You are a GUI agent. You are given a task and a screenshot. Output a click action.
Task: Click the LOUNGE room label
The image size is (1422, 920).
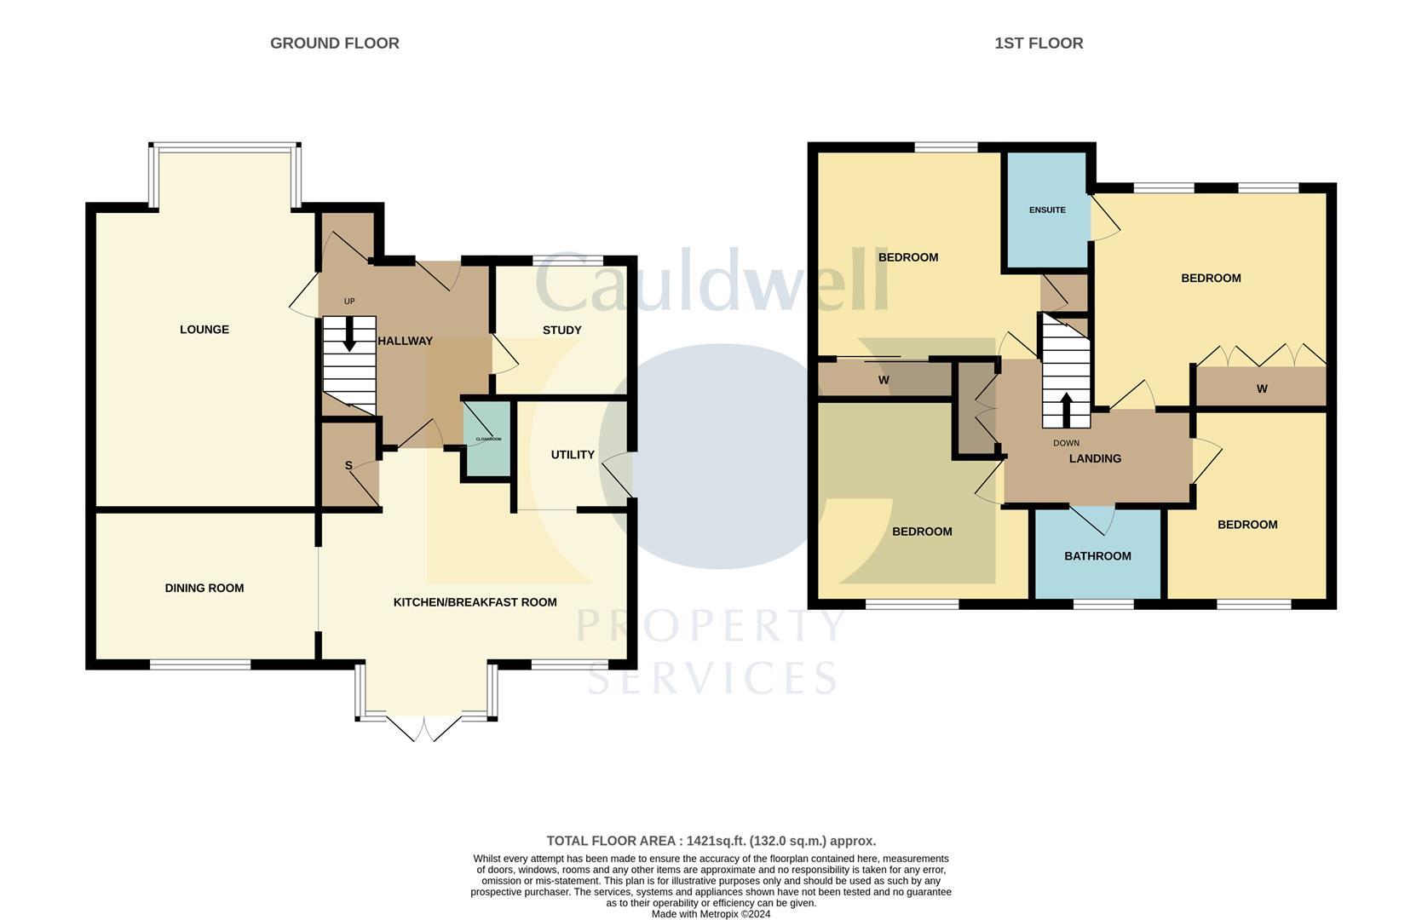pos(204,330)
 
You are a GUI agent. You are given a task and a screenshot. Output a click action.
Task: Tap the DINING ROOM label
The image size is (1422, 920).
pos(204,588)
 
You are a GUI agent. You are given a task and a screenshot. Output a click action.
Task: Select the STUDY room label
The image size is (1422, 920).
pos(561,330)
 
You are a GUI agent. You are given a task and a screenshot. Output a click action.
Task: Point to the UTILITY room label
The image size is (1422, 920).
pos(573,455)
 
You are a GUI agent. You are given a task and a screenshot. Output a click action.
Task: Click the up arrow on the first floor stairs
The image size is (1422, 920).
pos(1065,409)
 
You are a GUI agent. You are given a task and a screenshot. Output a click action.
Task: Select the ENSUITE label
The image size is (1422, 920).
pos(1047,210)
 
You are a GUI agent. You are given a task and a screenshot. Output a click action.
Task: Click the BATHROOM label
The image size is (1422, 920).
pos(1097,556)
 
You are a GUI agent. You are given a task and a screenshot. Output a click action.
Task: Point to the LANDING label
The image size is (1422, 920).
pos(1095,458)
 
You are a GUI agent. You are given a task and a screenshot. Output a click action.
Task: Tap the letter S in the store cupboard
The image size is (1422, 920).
pos(348,465)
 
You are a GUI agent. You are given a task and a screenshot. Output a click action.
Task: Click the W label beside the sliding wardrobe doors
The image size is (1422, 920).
pos(884,380)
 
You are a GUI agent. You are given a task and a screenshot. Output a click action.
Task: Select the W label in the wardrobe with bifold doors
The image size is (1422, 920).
pos(1262,388)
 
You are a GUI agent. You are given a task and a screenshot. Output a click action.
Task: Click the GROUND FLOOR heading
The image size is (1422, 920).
pos(334,43)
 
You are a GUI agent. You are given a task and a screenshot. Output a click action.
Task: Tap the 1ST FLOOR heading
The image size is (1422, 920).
pos(1039,43)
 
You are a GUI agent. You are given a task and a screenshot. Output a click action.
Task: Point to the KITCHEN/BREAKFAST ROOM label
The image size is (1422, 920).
pos(475,602)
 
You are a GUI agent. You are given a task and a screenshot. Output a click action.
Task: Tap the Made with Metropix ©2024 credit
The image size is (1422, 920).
pos(711,914)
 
